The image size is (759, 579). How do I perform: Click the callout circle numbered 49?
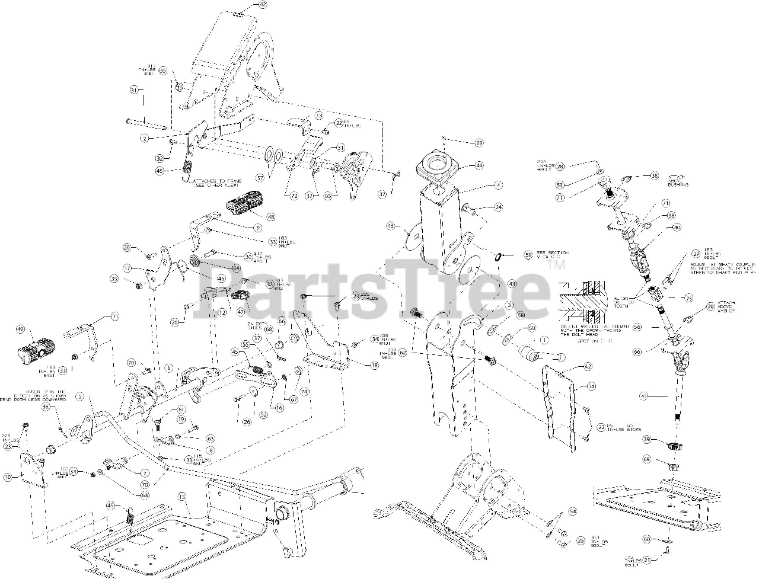pyautogui.click(x=20, y=329)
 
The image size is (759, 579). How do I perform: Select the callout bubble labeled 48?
pyautogui.click(x=270, y=217)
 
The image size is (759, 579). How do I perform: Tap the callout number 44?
pyautogui.click(x=479, y=167)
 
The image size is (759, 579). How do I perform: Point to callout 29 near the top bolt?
pyautogui.click(x=479, y=143)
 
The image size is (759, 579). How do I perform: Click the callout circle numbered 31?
pyautogui.click(x=133, y=90)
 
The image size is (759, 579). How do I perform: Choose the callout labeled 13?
pyautogui.click(x=318, y=116)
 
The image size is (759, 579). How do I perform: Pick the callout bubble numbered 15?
pyautogui.click(x=182, y=496)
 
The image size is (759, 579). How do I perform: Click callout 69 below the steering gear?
pyautogui.click(x=646, y=459)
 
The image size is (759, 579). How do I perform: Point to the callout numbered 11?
pyautogui.click(x=115, y=316)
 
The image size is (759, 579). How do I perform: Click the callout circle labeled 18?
pyautogui.click(x=374, y=366)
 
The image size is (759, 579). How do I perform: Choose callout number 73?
pyautogui.click(x=688, y=298)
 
